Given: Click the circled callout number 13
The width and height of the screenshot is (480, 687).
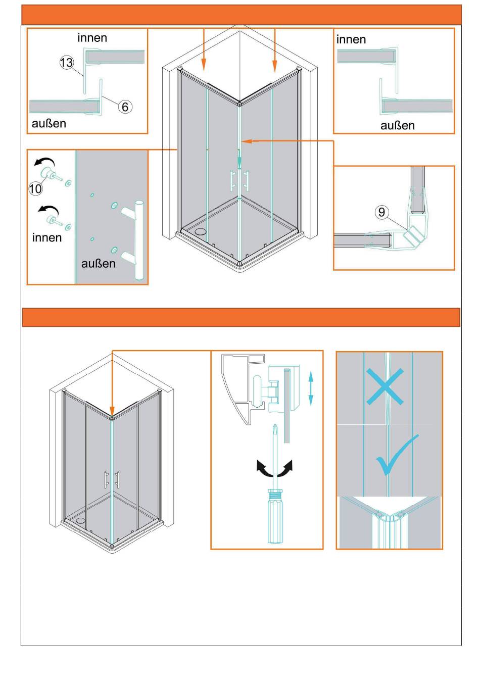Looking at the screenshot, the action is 66,63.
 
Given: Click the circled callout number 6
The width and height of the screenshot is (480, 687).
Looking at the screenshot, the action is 125,106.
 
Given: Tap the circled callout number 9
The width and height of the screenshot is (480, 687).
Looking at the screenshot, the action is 381,212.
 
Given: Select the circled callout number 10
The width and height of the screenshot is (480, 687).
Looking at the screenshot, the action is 35,188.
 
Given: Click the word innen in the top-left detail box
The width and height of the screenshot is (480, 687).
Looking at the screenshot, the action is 92,38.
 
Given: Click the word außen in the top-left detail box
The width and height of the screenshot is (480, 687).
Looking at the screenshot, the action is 49,123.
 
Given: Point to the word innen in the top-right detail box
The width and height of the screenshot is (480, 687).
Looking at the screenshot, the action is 351,39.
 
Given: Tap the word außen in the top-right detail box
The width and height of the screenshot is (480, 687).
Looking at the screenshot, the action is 398,125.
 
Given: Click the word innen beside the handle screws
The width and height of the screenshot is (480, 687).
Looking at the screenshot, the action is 47,237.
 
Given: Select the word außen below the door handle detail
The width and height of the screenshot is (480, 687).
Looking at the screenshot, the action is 98,263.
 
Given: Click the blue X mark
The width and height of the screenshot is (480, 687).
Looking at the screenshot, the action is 385,386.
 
